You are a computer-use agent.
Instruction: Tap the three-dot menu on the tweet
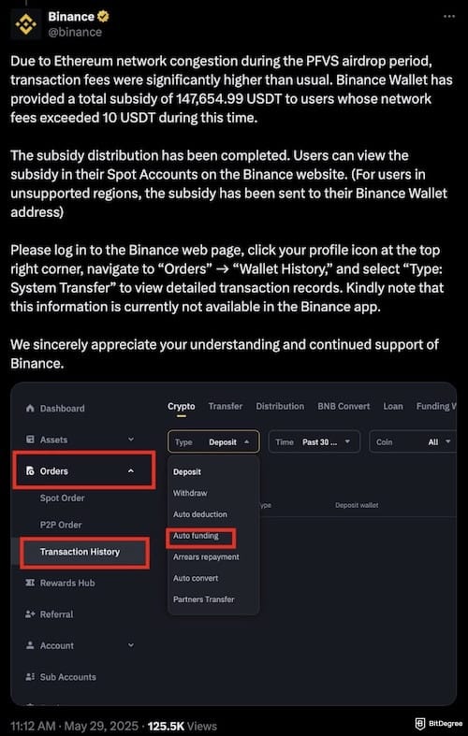tap(446, 17)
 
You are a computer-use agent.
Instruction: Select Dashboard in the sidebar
tap(62, 408)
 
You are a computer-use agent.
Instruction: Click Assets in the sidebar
tap(53, 440)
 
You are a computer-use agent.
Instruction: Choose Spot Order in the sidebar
tap(62, 498)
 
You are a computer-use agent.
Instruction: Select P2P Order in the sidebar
tap(61, 525)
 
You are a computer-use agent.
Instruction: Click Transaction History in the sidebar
tap(80, 552)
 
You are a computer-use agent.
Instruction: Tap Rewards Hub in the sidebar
tap(67, 584)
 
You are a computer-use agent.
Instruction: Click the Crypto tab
tap(182, 406)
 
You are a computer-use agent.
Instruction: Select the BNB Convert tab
tap(344, 406)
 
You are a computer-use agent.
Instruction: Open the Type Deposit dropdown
tap(213, 441)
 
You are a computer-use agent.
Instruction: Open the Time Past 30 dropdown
tap(314, 441)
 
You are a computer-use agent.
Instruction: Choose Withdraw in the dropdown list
tap(190, 493)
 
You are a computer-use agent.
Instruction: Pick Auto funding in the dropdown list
tap(197, 536)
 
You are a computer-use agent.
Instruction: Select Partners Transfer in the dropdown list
tap(203, 599)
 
